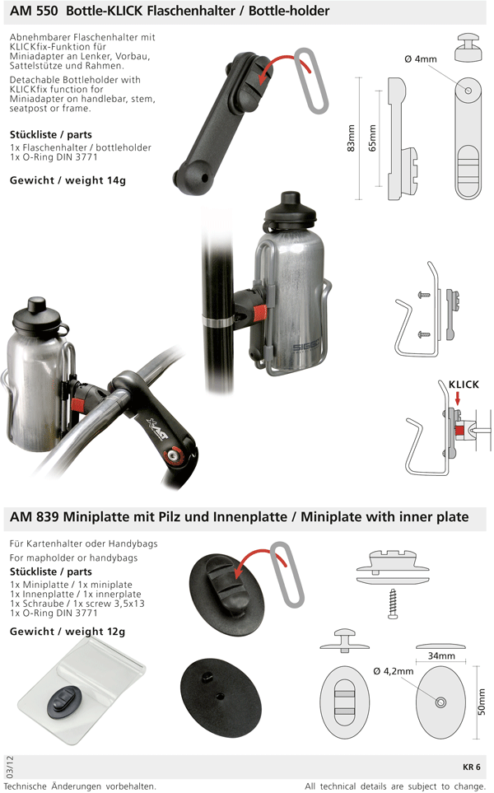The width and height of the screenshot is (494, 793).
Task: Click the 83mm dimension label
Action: [x=351, y=138]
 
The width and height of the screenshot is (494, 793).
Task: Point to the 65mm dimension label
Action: [x=372, y=138]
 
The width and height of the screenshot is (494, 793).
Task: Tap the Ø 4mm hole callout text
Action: [x=421, y=59]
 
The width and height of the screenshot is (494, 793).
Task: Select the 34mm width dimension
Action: [x=441, y=656]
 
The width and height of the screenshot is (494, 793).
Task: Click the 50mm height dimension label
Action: [x=482, y=702]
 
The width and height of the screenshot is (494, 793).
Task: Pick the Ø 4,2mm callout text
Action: [x=394, y=672]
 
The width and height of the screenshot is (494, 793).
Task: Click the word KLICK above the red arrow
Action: [x=464, y=385]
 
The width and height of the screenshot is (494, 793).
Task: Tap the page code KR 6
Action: [x=471, y=767]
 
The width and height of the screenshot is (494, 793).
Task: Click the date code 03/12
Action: [x=10, y=767]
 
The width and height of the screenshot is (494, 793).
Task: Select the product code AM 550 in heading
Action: [x=34, y=11]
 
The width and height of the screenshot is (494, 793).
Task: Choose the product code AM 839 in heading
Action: [x=35, y=517]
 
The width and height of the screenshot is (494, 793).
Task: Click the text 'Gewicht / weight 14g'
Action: [x=68, y=180]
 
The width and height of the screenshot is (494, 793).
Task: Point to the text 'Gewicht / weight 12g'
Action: [x=68, y=632]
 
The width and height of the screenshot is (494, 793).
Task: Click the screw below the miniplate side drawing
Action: [x=393, y=603]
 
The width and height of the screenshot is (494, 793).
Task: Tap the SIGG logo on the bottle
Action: [x=305, y=348]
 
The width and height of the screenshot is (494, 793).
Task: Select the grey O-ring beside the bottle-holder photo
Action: [x=310, y=81]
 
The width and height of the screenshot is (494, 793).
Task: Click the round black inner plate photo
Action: [x=221, y=699]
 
